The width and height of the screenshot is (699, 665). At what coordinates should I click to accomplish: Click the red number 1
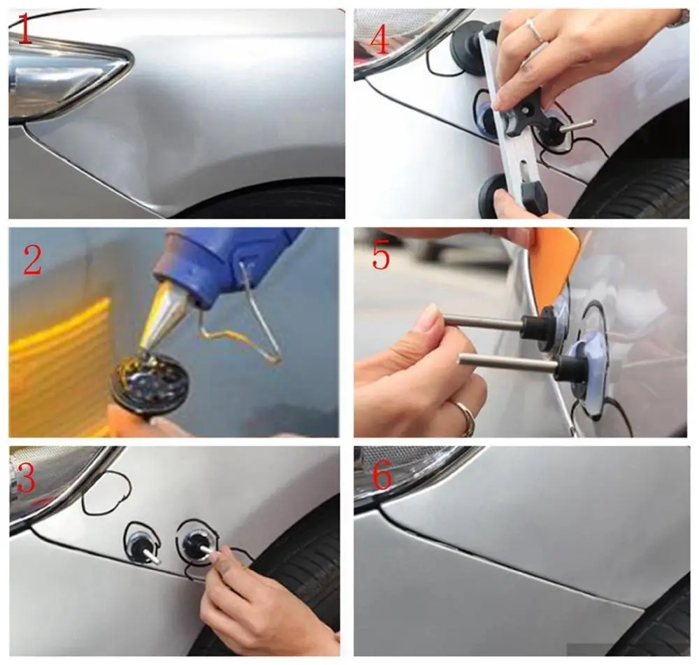coord(24,31)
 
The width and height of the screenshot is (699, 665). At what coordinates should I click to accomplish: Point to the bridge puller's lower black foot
coord(493,193)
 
